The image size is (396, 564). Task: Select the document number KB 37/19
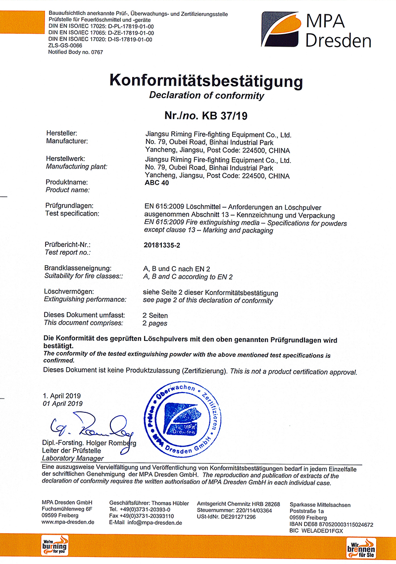[x=224, y=116]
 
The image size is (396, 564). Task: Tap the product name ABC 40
[x=154, y=182]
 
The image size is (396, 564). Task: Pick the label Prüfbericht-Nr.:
[x=68, y=245]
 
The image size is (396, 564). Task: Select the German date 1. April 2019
[x=61, y=395]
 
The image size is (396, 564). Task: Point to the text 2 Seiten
[x=155, y=315]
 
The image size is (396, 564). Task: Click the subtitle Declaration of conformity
[x=206, y=96]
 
